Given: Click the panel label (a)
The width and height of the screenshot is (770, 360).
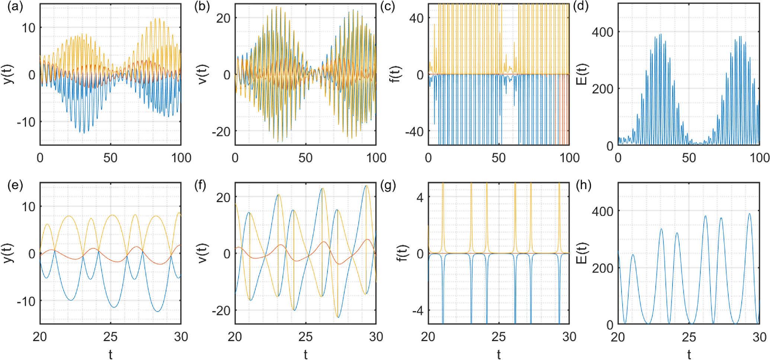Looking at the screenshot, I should [15, 7].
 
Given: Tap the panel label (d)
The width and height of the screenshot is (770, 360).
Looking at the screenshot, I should [581, 7].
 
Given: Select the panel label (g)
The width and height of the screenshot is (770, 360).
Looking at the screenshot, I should [388, 186].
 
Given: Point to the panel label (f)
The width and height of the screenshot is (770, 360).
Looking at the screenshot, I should [200, 186].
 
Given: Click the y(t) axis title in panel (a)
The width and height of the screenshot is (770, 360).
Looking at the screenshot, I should [8, 74].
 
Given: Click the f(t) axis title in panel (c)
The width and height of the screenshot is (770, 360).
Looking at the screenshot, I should [397, 74].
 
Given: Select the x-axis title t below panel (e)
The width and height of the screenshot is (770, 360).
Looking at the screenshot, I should [111, 354].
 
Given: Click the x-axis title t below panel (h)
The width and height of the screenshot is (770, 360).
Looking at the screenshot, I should [689, 354].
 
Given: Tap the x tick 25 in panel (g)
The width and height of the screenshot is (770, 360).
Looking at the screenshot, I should [499, 337].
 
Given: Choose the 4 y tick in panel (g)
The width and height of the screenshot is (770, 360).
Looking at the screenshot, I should [420, 197].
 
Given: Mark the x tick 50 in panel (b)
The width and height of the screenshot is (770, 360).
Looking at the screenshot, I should [305, 158].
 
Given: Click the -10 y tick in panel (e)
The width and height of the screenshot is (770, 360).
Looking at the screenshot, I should [27, 301].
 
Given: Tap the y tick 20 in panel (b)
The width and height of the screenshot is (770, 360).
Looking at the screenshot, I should [223, 18].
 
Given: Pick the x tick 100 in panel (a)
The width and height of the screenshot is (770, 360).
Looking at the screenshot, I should [181, 158].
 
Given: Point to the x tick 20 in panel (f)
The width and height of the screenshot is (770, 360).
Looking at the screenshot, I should [235, 337].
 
